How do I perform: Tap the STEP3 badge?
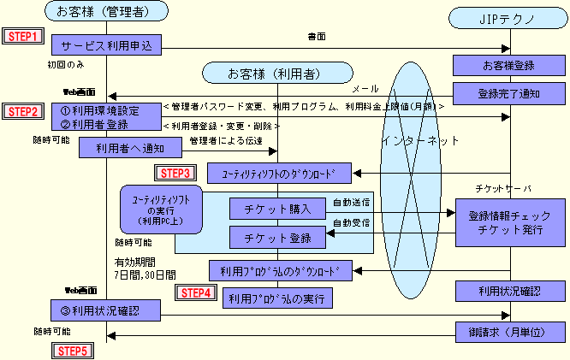tap(177, 173)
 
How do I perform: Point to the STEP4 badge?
tap(194, 292)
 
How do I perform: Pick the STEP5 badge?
tap(75, 350)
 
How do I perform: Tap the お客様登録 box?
tap(510, 64)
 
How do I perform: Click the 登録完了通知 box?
tap(510, 91)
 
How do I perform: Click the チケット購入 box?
tap(276, 208)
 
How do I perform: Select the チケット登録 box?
tap(276, 236)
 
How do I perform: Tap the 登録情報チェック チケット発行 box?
tap(510, 222)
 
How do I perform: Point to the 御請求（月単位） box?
tap(510, 331)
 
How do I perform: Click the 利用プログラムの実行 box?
tap(276, 298)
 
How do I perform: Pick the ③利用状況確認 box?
tap(107, 309)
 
